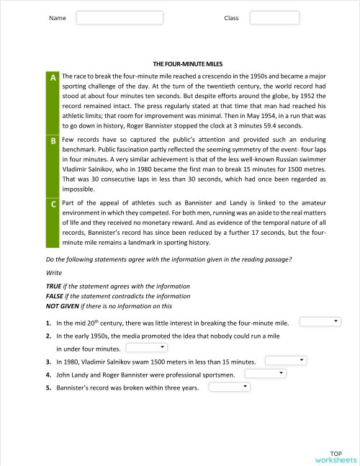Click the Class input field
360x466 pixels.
[x=274, y=17]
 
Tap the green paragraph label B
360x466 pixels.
[x=53, y=140]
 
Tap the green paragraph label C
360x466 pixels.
[x=53, y=205]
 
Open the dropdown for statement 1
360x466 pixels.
[x=320, y=321]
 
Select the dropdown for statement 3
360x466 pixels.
[x=286, y=360]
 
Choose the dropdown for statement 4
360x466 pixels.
[x=266, y=374]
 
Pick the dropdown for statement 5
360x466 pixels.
[x=229, y=387]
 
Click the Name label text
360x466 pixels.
[x=57, y=18]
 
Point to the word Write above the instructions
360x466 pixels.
[x=53, y=273]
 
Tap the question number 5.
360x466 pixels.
[x=48, y=388]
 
